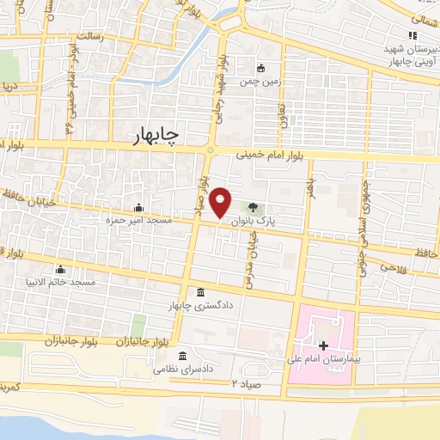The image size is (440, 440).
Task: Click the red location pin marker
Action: [221, 203]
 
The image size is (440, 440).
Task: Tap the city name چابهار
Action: [156, 138]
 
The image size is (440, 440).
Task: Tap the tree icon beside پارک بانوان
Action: [252, 206]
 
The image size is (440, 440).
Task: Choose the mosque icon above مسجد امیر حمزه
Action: [138, 207]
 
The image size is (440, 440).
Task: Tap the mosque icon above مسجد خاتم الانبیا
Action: [59, 269]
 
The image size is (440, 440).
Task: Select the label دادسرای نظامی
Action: [182, 369]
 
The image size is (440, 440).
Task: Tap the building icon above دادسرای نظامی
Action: [182, 355]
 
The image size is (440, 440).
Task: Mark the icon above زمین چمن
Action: [261, 68]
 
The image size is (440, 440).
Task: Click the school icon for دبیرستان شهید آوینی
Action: [412, 35]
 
